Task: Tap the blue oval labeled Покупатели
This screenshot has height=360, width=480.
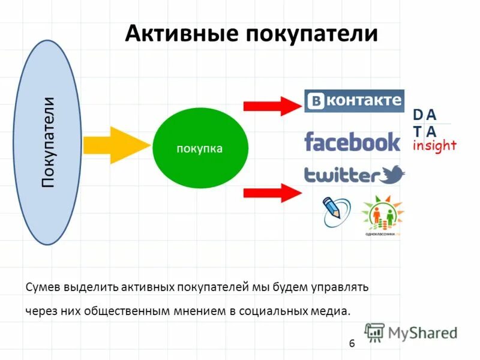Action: (x=48, y=142)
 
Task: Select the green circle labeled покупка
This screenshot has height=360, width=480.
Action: (x=200, y=148)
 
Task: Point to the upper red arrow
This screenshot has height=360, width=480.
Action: (x=271, y=107)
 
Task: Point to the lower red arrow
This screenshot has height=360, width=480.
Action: (x=271, y=193)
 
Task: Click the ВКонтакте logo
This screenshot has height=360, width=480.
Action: (x=354, y=100)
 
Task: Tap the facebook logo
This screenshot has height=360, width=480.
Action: (x=352, y=142)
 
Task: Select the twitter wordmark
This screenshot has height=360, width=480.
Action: (x=340, y=175)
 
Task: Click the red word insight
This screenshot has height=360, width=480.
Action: (x=435, y=145)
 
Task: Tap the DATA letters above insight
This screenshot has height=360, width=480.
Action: (x=425, y=123)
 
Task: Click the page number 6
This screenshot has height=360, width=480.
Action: (x=352, y=343)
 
